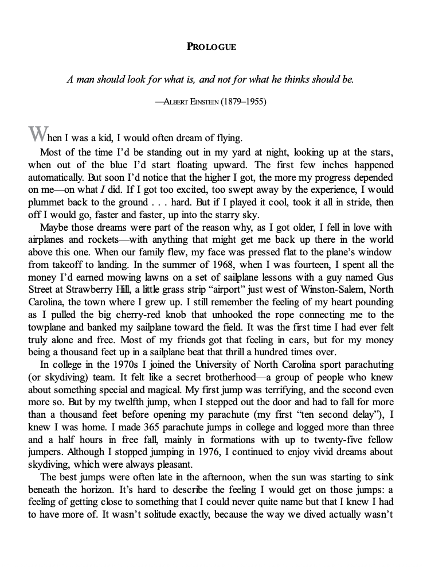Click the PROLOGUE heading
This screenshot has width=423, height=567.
pyautogui.click(x=211, y=46)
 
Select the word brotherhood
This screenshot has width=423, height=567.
pyautogui.click(x=205, y=377)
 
